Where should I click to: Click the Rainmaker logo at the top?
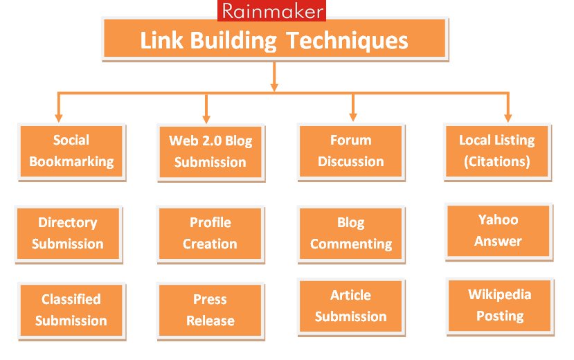click(x=271, y=10)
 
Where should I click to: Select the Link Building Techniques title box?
click(x=274, y=39)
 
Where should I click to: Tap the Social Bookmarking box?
click(x=71, y=151)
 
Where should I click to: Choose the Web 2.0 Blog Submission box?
click(x=210, y=152)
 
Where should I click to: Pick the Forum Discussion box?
click(x=350, y=151)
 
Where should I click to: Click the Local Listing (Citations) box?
click(x=496, y=151)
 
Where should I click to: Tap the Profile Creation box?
click(x=210, y=233)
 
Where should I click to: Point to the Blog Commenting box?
click(x=350, y=233)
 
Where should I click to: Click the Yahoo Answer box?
click(x=499, y=231)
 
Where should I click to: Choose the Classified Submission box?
click(x=71, y=310)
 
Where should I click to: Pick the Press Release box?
click(x=210, y=310)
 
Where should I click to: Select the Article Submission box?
click(x=350, y=306)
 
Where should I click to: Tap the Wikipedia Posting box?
click(x=499, y=305)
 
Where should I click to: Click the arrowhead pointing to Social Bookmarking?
click(x=59, y=117)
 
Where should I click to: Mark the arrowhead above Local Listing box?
click(x=508, y=117)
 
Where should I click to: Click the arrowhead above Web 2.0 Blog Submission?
click(x=206, y=117)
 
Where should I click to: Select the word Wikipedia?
click(x=499, y=294)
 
